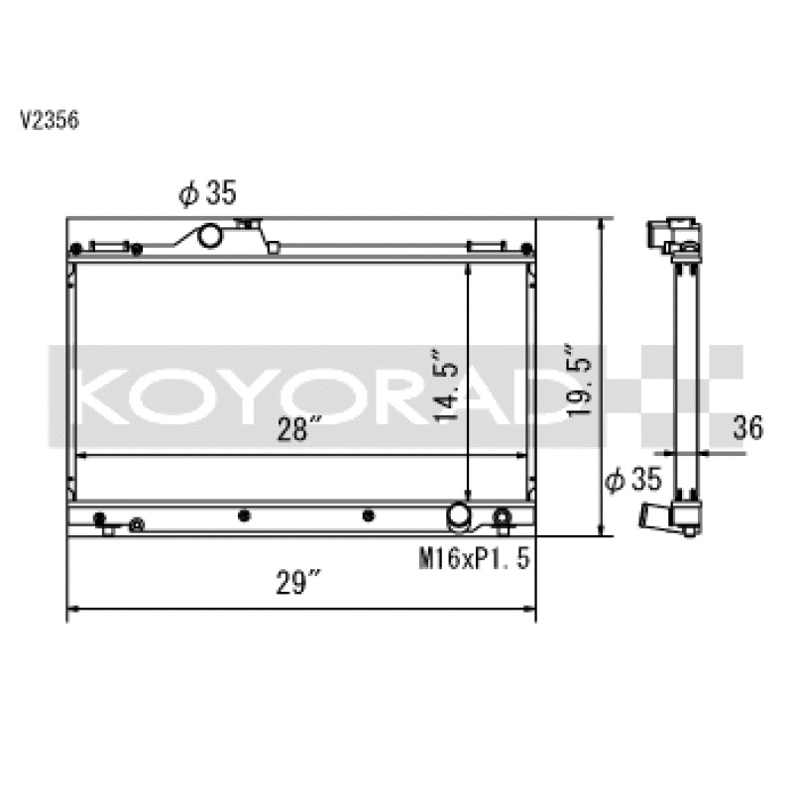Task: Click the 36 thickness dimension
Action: [x=748, y=428]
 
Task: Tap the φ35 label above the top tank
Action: [x=208, y=193]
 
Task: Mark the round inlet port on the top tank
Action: [x=210, y=238]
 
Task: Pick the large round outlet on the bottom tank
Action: [x=459, y=515]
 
